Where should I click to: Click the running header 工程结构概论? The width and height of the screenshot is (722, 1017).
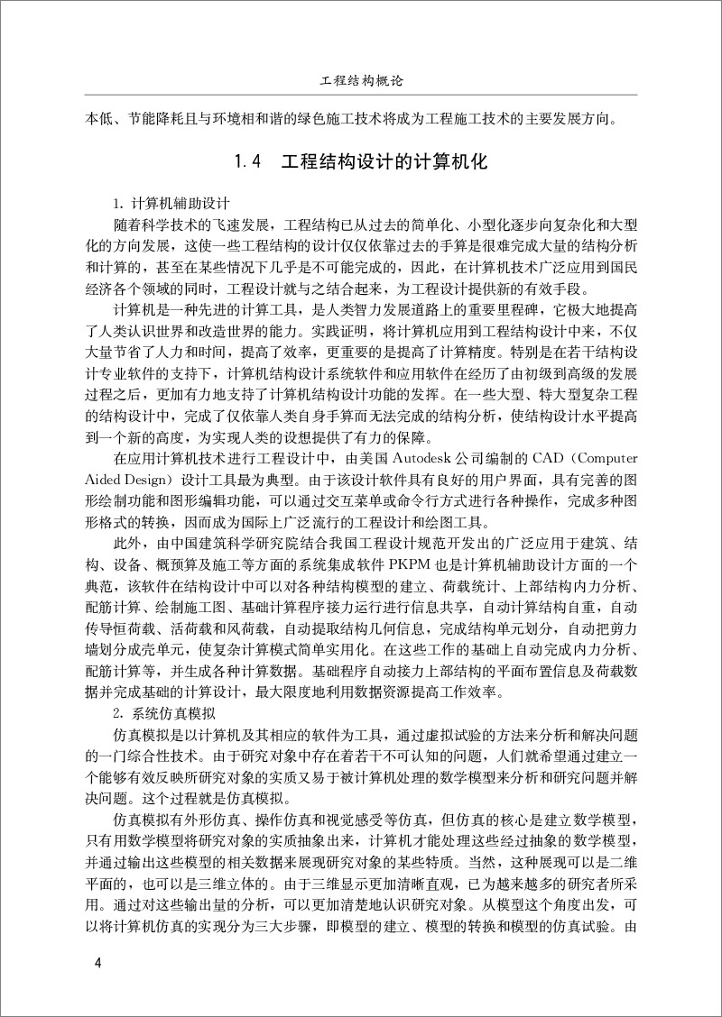pos(361,80)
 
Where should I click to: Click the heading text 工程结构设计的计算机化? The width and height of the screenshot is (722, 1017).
pos(384,163)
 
